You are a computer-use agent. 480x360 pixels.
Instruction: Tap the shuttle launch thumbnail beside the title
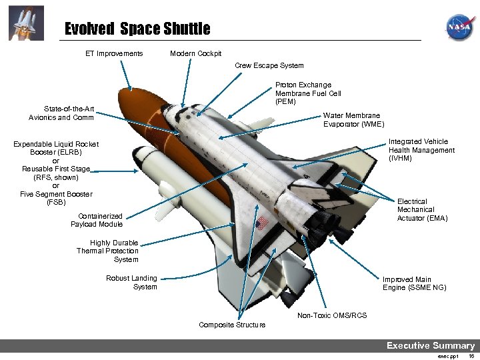tap(27, 23)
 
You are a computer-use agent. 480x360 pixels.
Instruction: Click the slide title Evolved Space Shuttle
tap(137, 29)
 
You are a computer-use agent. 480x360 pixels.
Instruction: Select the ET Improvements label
tap(113, 53)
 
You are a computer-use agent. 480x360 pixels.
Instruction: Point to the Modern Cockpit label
tap(195, 53)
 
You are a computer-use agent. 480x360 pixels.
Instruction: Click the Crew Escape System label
tap(269, 65)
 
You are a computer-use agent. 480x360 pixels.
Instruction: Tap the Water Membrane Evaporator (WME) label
tap(353, 120)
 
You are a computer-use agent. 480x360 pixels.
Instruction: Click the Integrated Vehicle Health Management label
tap(421, 150)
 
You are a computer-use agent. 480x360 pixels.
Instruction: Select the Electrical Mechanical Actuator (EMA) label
tap(422, 209)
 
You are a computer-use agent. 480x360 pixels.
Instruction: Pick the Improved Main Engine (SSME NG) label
tap(414, 283)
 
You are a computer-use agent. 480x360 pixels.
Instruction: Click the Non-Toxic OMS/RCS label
tap(332, 315)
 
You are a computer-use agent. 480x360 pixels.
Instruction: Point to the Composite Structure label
tap(232, 325)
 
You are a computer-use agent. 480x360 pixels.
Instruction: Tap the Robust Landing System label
tap(132, 283)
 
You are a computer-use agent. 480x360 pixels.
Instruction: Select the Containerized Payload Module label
tap(97, 220)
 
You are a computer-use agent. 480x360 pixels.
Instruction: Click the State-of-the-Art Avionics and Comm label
tap(61, 113)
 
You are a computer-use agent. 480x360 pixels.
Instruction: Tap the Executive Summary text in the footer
tap(431, 345)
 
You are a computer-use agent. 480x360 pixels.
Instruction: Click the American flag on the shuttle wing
tap(262, 221)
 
